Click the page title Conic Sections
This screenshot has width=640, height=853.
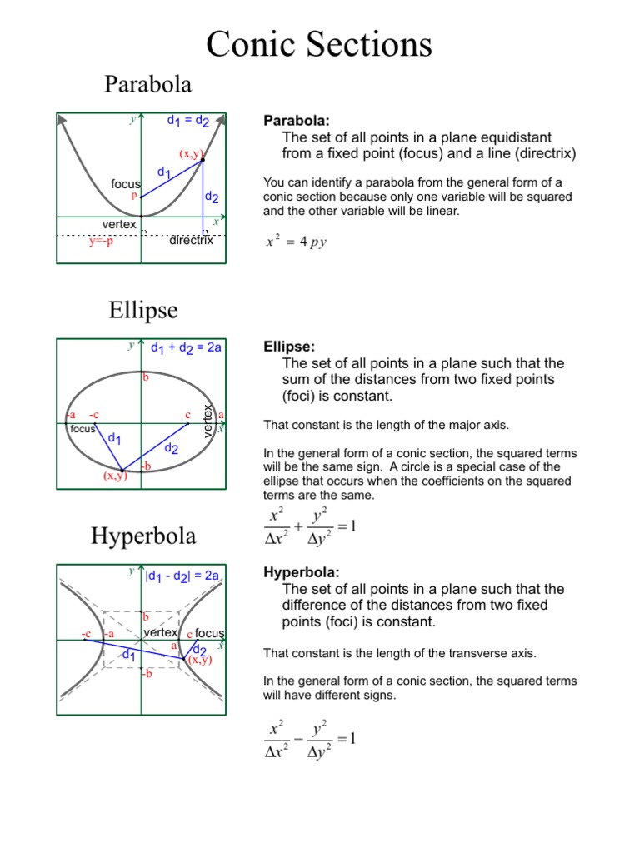[x=319, y=44]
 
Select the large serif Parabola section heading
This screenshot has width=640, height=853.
[x=148, y=84]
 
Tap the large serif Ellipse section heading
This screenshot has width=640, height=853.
[x=142, y=310]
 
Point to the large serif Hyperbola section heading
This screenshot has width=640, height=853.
[x=142, y=536]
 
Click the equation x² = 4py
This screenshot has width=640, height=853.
[x=296, y=242]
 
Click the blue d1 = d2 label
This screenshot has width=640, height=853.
[x=188, y=122]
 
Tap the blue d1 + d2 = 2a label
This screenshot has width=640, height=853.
[x=186, y=347]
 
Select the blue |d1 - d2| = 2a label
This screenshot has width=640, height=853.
[x=182, y=575]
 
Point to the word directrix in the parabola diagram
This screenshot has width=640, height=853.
[x=191, y=241]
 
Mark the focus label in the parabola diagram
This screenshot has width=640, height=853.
[x=126, y=183]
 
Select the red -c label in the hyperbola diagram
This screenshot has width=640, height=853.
[x=86, y=634]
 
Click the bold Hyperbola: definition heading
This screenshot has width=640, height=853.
[x=302, y=572]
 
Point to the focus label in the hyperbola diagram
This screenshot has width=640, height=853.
[x=210, y=634]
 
